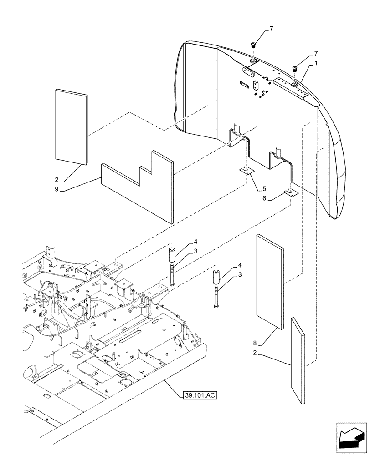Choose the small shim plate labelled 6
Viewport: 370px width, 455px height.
291,193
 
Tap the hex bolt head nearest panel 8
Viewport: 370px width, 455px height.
215,309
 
